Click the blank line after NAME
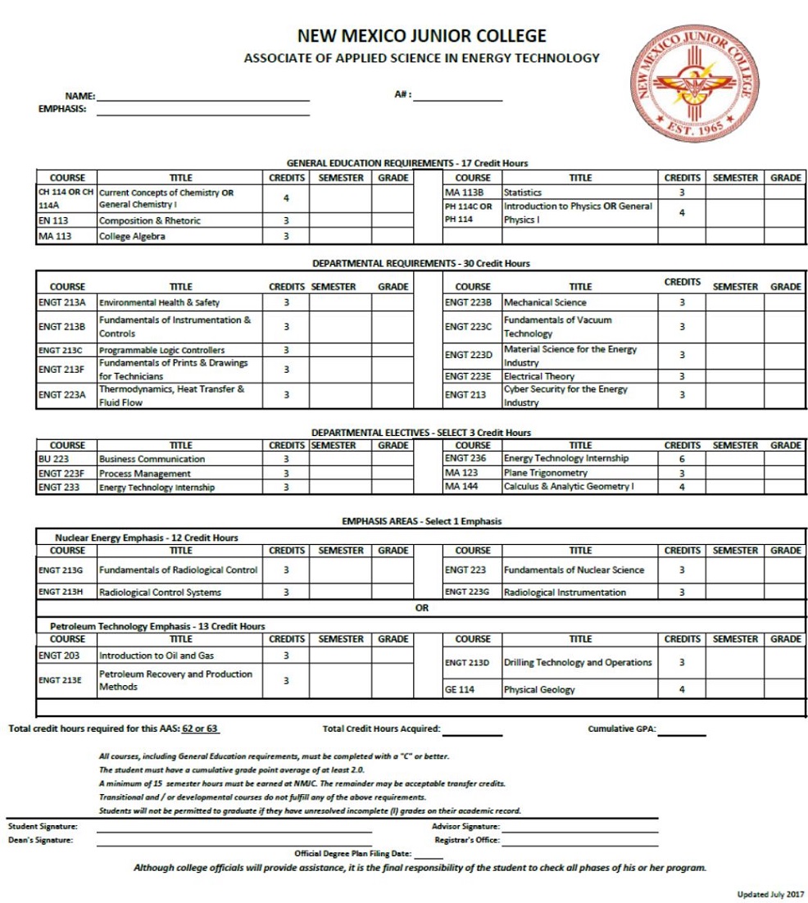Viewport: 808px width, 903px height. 202,98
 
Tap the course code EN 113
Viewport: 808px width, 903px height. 54,220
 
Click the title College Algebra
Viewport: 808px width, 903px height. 131,237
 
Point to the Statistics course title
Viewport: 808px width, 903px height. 522,193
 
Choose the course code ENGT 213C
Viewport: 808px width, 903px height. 62,350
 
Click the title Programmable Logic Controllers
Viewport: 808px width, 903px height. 161,350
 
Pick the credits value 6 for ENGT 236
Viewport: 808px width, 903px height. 681,459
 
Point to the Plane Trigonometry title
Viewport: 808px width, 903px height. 545,473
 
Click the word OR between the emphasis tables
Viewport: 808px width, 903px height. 421,608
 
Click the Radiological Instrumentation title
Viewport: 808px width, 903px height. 565,592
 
